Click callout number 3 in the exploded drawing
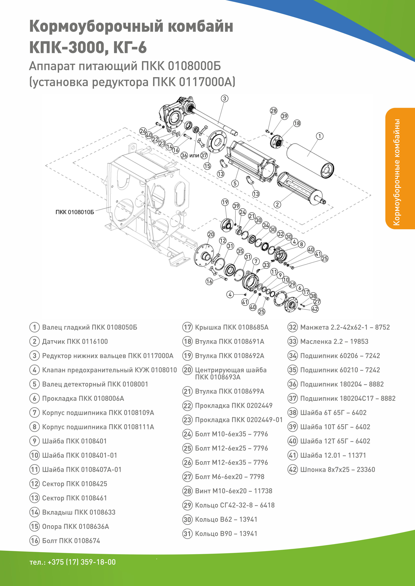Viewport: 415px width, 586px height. coord(224,99)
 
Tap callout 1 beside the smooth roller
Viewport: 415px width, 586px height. coord(320,136)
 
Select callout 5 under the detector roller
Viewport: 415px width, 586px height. coord(235,183)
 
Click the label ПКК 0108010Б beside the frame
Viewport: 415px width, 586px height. coord(75,212)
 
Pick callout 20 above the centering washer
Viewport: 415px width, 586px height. coord(211,234)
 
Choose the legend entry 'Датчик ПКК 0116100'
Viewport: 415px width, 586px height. coord(75,342)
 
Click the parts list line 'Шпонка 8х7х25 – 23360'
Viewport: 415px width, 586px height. coord(337,470)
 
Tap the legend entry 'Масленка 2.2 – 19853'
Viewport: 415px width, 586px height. coord(334,342)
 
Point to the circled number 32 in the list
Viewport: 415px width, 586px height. coord(293,327)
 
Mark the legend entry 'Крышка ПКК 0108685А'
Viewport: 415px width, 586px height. coord(232,327)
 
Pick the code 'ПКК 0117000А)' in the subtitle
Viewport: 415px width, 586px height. coord(194,82)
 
